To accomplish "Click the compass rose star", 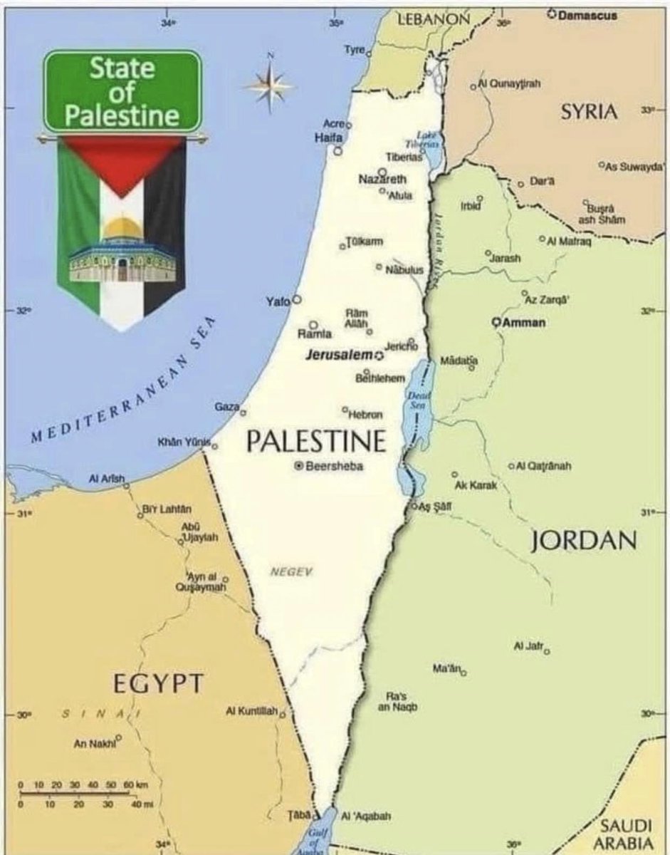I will (269, 86).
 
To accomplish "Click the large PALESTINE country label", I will (316, 441).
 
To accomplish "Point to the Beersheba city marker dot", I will (299, 466).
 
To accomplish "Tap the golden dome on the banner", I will (122, 229).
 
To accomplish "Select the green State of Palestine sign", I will (122, 91).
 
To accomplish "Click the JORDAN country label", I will (583, 541).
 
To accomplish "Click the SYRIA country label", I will (588, 112).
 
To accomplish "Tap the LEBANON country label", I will (432, 19).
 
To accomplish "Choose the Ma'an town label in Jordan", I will (447, 668).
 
